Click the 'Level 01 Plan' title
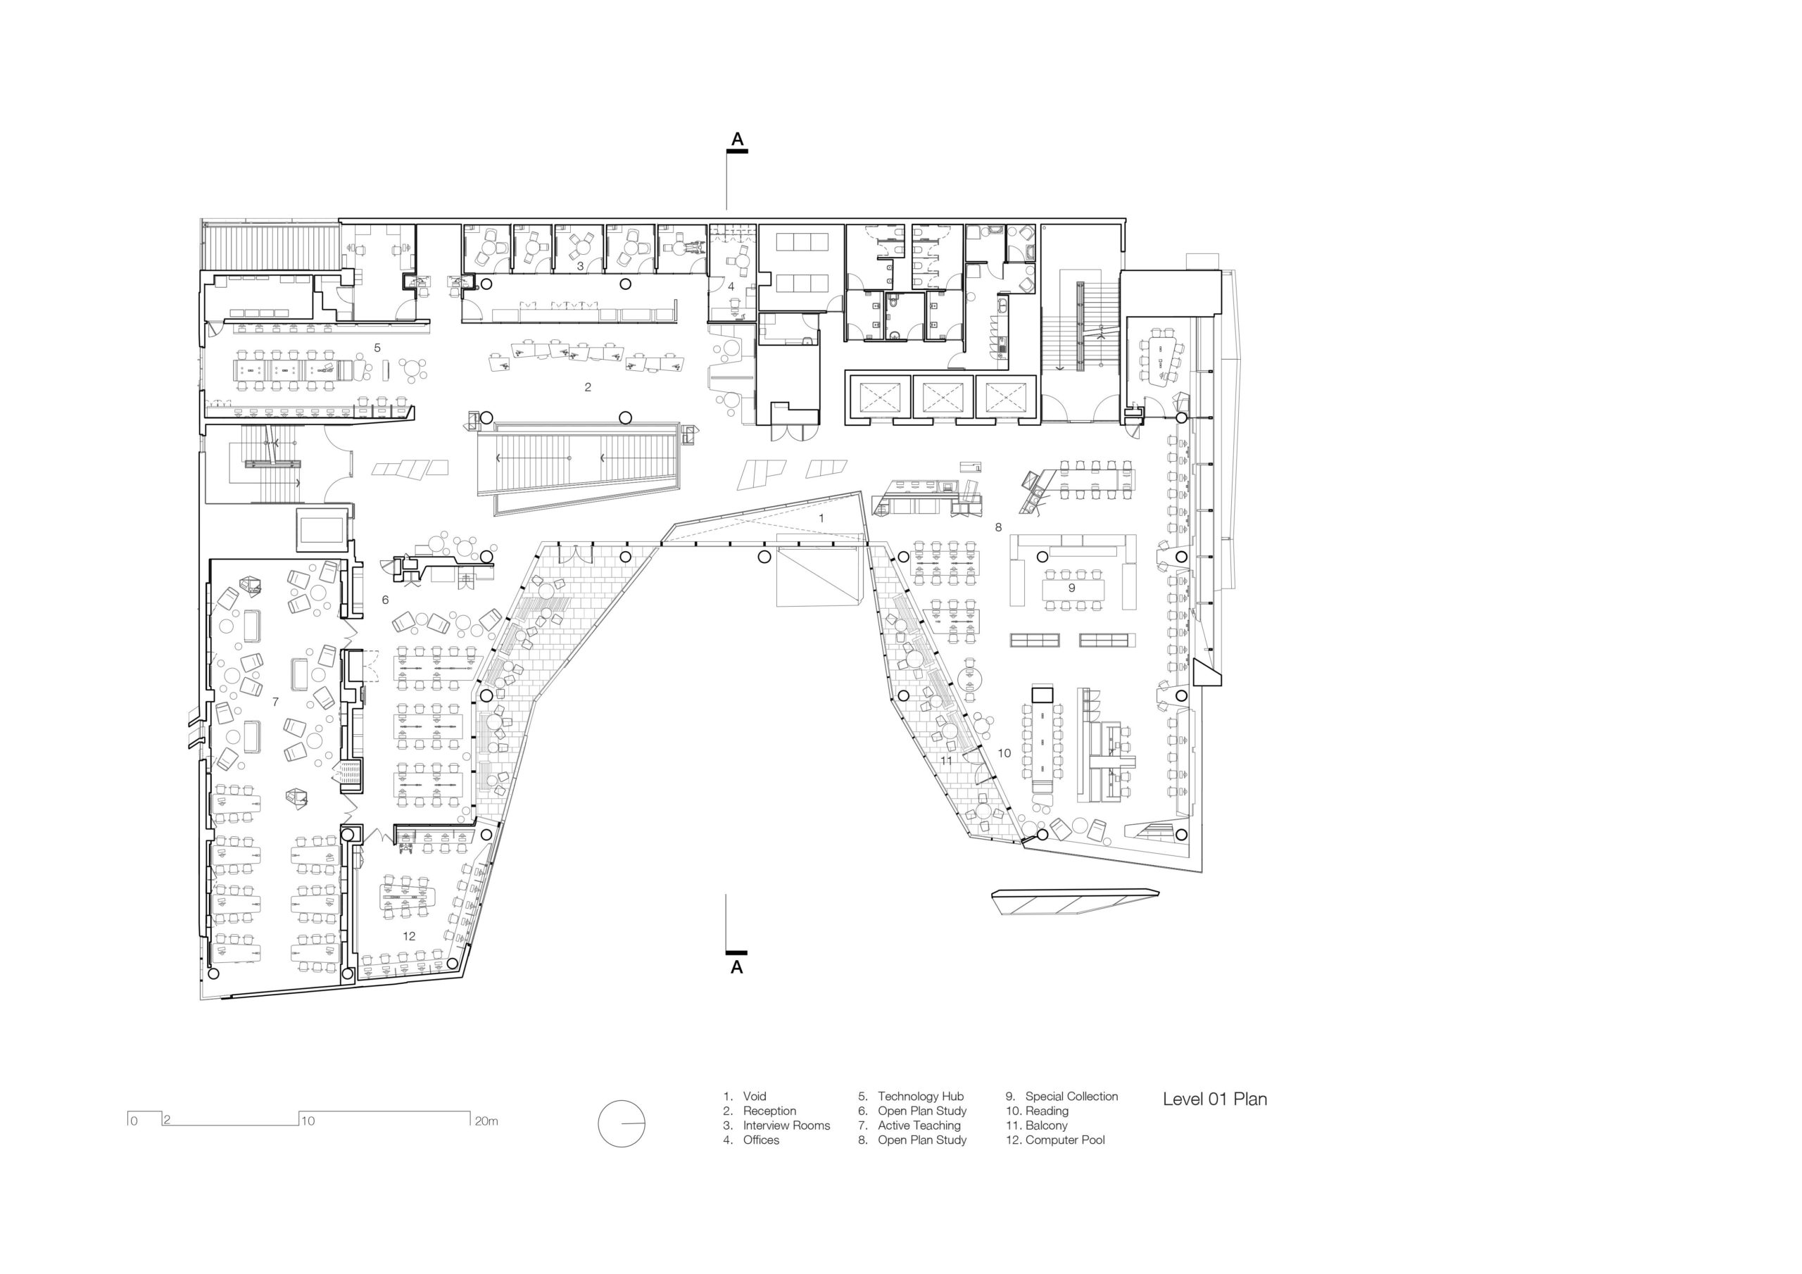[x=1214, y=1099]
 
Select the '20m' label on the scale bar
[x=486, y=1121]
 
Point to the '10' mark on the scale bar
[x=308, y=1121]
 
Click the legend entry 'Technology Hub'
[x=921, y=1096]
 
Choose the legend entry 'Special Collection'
[x=1071, y=1096]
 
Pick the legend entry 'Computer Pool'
[x=1065, y=1140]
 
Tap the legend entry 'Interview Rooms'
[x=786, y=1125]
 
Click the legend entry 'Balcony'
[x=1046, y=1125]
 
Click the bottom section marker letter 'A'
[x=736, y=967]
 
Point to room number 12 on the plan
[x=409, y=935]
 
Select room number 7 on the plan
[x=275, y=702]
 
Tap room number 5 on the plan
[x=377, y=348]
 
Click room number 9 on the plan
[x=1071, y=587]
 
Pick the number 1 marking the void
[x=821, y=518]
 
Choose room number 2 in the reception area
[x=587, y=387]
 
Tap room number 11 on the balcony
[x=946, y=760]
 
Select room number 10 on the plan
[x=1004, y=752]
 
